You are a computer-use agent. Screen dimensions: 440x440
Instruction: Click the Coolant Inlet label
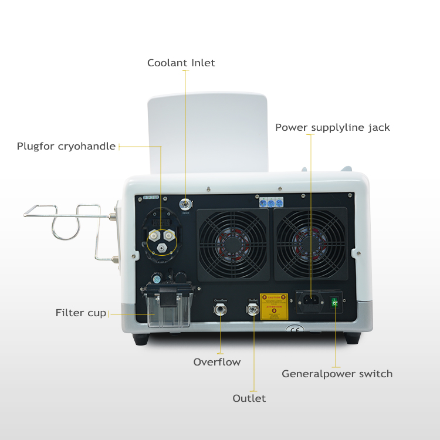click(x=181, y=63)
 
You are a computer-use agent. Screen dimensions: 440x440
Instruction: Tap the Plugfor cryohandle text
click(x=66, y=146)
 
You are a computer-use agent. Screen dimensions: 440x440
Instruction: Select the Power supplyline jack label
click(x=332, y=127)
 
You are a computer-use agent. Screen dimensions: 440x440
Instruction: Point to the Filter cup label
click(x=81, y=313)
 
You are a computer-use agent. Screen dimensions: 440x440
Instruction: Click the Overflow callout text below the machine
click(x=217, y=362)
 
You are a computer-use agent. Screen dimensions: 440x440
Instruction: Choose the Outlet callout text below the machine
click(x=249, y=398)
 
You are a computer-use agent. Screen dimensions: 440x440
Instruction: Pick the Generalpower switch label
click(x=337, y=374)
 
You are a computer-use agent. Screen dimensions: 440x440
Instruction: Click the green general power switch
click(x=335, y=303)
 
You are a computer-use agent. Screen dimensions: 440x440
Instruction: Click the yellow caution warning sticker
click(x=274, y=306)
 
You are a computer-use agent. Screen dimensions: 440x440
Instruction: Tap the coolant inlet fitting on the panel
click(x=186, y=205)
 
